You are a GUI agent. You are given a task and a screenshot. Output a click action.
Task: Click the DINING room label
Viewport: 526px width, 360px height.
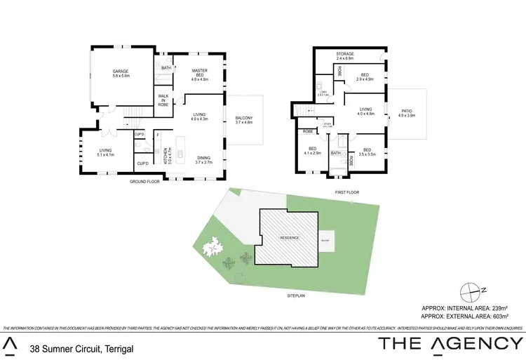pyautogui.click(x=204, y=159)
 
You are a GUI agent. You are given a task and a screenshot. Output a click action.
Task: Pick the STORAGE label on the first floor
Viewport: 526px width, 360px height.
pyautogui.click(x=344, y=55)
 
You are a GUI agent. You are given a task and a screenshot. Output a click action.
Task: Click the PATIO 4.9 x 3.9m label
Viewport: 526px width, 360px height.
pyautogui.click(x=408, y=113)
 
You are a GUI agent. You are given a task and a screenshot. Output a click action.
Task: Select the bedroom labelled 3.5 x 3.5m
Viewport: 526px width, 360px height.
pyautogui.click(x=367, y=151)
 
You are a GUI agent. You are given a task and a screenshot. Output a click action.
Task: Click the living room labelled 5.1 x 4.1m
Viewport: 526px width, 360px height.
pyautogui.click(x=106, y=152)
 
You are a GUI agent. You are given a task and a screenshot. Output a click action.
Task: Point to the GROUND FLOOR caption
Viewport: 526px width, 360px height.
pyautogui.click(x=144, y=182)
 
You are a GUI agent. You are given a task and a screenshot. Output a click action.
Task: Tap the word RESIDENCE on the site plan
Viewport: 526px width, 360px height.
pyautogui.click(x=290, y=238)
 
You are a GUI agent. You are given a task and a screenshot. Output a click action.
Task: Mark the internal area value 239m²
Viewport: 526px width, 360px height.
pyautogui.click(x=504, y=307)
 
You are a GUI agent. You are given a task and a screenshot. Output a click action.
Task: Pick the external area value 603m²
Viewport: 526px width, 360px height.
pyautogui.click(x=504, y=316)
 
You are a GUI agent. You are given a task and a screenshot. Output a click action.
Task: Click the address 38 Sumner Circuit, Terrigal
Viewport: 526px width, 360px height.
pyautogui.click(x=81, y=348)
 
